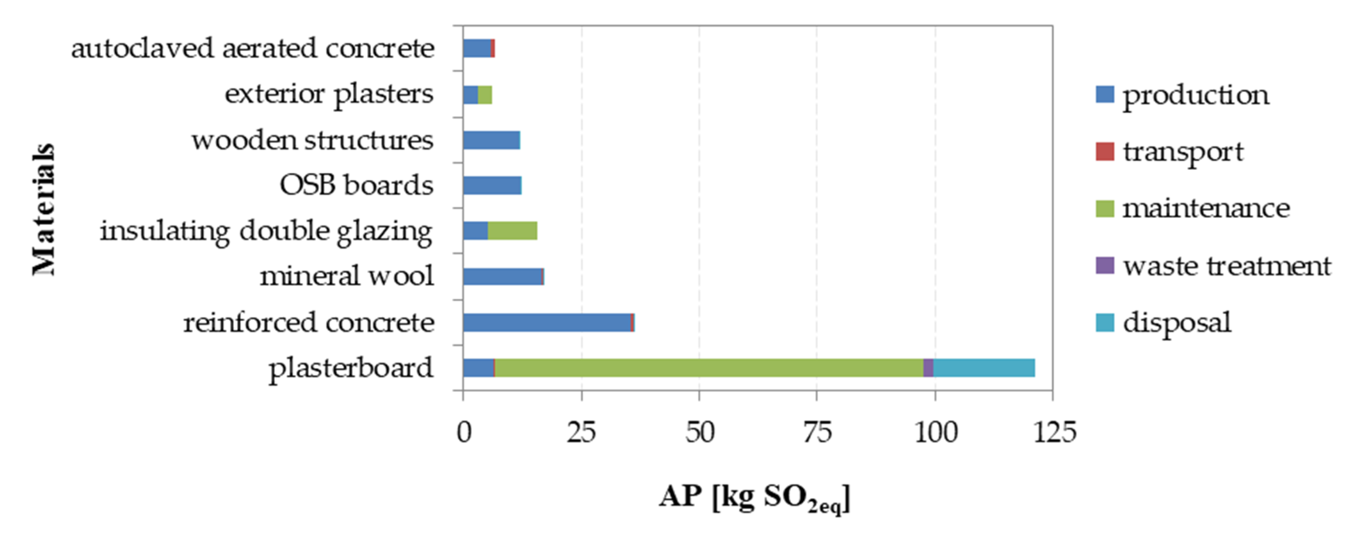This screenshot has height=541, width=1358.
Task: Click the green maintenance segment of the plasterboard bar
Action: [x=709, y=368]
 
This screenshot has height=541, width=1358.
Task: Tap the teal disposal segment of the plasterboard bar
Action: [x=984, y=368]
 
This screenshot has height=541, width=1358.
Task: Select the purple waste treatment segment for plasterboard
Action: [x=928, y=368]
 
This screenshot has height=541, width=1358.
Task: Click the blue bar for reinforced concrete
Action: [x=547, y=322]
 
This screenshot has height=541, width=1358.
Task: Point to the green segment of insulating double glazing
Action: [x=512, y=231]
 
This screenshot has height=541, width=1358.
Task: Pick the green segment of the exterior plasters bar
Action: [x=485, y=95]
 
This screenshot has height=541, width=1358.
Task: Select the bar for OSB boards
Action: [x=492, y=185]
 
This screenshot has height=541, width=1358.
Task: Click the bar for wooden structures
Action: [x=491, y=140]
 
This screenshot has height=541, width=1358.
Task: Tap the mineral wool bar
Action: [x=503, y=277]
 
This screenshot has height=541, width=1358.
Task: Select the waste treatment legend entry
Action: [x=1226, y=266]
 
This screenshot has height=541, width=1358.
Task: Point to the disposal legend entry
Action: [x=1177, y=322]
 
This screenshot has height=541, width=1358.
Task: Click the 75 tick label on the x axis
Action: [x=817, y=432]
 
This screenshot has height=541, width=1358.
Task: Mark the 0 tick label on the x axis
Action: [x=464, y=432]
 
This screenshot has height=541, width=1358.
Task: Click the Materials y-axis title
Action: [x=43, y=209]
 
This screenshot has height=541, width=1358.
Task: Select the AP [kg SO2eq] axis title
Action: [x=754, y=497]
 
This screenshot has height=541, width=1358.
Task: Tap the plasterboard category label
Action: [x=351, y=368]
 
